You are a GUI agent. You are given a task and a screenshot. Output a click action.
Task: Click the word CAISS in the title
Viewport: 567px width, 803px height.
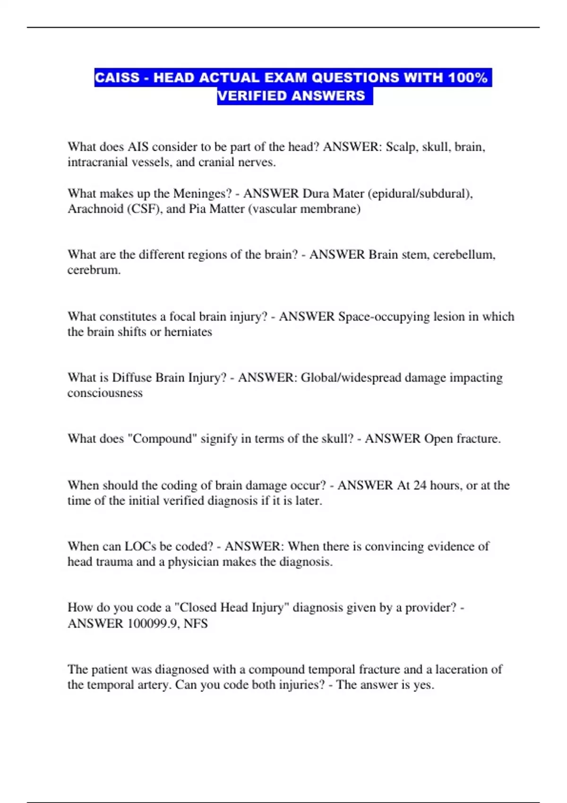coord(117,77)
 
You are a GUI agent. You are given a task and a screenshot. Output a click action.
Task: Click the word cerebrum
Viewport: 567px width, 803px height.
coord(94,270)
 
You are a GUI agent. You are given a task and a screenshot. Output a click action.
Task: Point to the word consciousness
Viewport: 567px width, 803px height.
coord(105,393)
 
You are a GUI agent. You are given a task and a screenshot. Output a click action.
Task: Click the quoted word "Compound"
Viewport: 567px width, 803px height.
coord(162,439)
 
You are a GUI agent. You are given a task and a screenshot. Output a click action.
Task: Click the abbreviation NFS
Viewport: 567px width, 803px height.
coord(196,624)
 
